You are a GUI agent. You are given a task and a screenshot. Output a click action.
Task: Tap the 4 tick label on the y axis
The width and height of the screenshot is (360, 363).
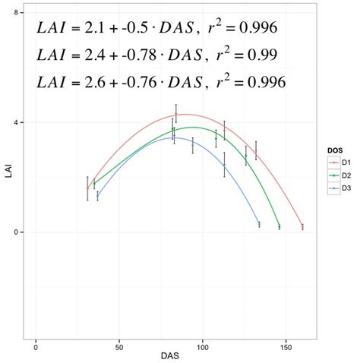(17, 122)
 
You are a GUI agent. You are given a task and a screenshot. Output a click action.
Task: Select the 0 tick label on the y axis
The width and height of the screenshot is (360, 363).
(17, 232)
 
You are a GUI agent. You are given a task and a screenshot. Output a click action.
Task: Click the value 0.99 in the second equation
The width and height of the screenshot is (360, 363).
(256, 55)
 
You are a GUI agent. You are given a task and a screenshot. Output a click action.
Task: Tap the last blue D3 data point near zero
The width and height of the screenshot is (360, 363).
(259, 224)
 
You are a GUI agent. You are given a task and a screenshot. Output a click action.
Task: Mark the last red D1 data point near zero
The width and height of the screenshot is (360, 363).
(302, 226)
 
